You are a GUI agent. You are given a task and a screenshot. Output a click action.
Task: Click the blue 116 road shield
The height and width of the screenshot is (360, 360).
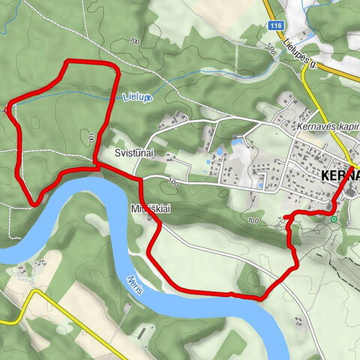click(x=275, y=25)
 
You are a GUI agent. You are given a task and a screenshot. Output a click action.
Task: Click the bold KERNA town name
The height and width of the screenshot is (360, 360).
click(x=339, y=175)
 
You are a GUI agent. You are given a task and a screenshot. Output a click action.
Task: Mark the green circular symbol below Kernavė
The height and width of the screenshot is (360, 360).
click(x=333, y=219)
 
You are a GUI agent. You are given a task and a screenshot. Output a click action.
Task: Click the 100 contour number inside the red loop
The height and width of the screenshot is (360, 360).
click(x=91, y=136)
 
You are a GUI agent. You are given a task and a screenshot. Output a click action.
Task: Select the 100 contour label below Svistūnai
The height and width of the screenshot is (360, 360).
click(x=173, y=182)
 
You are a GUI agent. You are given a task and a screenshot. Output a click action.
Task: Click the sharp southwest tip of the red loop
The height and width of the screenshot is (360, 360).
click(x=33, y=202)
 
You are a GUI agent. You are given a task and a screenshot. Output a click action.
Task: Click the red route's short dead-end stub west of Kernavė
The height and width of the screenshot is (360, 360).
click(x=286, y=217)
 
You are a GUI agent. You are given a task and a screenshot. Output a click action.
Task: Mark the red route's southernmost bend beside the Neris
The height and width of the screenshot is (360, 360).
click(x=259, y=298)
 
